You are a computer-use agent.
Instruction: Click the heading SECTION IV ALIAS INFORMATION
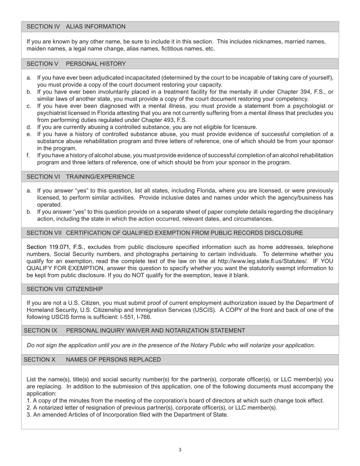[76, 27]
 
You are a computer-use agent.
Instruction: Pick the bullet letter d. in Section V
[29, 127]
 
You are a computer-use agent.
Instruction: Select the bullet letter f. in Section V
[28, 155]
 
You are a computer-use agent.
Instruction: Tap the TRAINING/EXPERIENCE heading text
[100, 177]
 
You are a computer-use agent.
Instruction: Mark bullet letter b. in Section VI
[29, 212]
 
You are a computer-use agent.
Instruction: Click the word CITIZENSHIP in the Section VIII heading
[84, 289]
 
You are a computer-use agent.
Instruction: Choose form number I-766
[144, 317]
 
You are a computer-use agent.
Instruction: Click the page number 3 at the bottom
[180, 450]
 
